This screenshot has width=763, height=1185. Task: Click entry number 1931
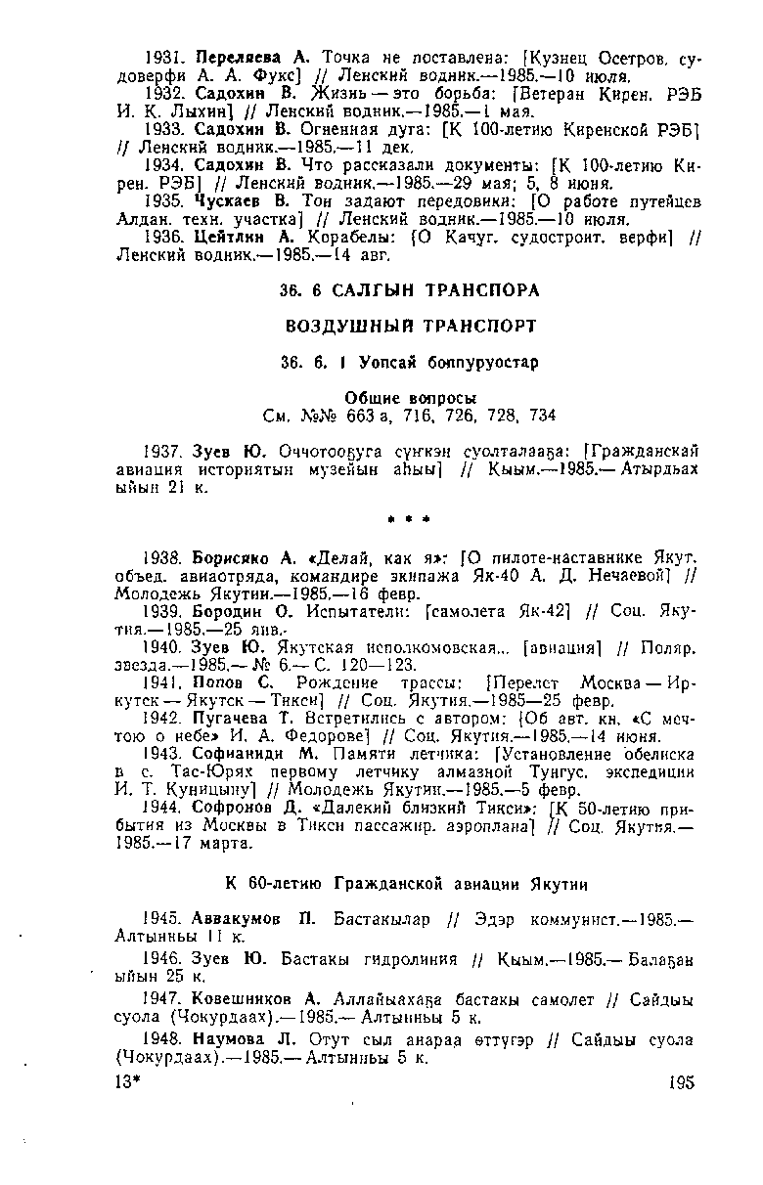tap(161, 57)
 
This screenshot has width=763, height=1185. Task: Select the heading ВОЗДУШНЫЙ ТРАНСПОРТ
tap(403, 324)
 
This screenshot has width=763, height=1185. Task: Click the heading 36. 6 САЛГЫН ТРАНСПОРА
tap(403, 290)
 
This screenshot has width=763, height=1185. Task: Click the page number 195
tap(681, 1082)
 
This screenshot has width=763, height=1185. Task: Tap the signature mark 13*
tap(128, 1082)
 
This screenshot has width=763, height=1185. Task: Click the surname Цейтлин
tap(228, 238)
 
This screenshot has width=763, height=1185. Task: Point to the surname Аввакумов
tap(236, 919)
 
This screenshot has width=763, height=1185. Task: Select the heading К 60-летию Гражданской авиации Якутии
tap(407, 884)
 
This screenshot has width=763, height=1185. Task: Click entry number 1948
tap(161, 1040)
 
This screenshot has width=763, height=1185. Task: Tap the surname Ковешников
tap(241, 999)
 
